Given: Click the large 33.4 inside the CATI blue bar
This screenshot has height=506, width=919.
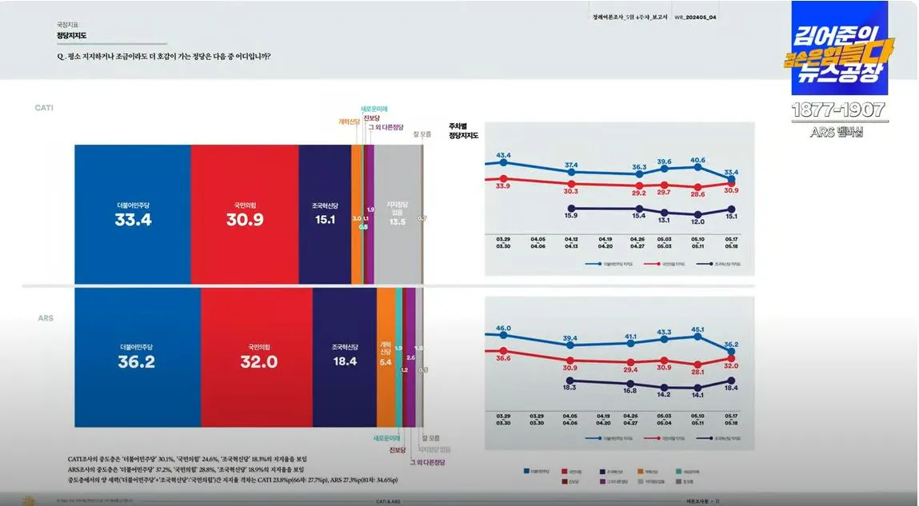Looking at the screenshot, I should [133, 220].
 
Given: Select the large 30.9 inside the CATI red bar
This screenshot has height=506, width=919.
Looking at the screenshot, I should [244, 220].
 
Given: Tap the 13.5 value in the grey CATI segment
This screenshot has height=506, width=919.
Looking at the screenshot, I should [397, 221].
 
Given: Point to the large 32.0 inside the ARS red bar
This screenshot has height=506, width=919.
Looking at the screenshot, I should [258, 362].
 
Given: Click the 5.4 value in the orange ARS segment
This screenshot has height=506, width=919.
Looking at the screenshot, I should [385, 362].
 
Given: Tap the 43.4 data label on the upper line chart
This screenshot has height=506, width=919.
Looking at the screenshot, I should [503, 155].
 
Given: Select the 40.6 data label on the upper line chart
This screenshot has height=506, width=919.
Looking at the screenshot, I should [698, 160].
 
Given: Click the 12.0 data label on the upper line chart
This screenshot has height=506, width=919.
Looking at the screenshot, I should [698, 221].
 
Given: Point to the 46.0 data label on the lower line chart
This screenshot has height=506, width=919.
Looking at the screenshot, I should [503, 329].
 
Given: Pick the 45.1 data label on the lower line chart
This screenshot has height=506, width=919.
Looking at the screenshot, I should [698, 329].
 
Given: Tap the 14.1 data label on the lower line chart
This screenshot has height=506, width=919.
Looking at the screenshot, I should [698, 394].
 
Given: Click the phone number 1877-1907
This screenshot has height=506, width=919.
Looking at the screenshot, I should [839, 110].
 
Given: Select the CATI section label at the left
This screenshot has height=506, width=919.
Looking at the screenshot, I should [44, 107].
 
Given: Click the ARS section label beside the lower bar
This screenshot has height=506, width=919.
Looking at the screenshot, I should [46, 318].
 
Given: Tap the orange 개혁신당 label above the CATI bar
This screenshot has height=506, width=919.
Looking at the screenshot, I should [349, 122].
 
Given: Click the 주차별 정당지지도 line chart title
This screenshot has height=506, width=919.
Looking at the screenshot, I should [463, 131].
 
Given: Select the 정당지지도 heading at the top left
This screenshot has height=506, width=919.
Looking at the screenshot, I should [71, 36].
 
